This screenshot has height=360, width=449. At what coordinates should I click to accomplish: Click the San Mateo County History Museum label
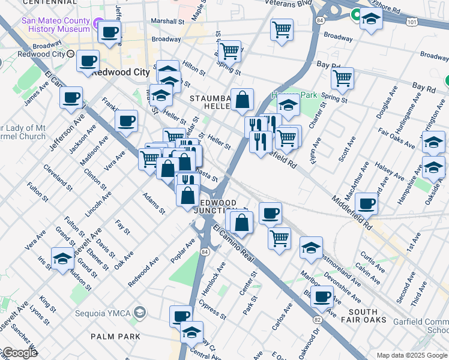coord(55,24)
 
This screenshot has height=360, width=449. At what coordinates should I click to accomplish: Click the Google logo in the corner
coord(19,353)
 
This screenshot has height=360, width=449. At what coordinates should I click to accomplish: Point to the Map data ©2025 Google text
coord(411,355)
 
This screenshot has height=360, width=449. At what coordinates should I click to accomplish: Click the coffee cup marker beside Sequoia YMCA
coord(181,316)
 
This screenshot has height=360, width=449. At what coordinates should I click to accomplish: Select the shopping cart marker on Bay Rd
coord(342,77)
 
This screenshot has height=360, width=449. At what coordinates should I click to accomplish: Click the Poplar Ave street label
coord(182,250)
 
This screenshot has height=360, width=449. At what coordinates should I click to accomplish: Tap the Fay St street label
coord(122,226)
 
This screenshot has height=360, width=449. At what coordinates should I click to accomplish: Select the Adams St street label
coord(154,203)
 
